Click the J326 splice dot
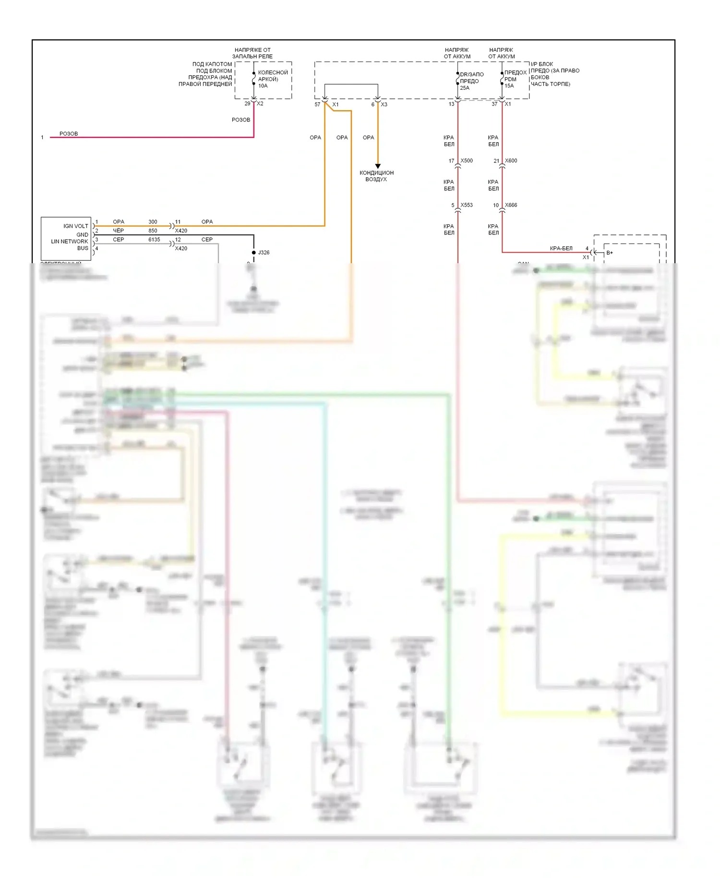254,252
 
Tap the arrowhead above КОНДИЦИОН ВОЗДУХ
378,166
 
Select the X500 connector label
467,160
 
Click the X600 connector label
511,160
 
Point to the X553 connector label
467,205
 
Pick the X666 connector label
511,205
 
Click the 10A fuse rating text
263,86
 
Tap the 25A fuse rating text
465,88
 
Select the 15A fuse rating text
509,86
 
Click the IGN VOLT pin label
76,226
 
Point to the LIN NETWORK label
70,242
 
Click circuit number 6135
154,239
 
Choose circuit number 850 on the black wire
153,231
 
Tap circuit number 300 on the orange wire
153,221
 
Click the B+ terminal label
610,253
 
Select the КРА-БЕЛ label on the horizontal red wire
561,248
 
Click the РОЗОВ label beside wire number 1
69,134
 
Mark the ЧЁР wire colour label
118,231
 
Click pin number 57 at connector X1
317,104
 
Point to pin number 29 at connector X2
247,103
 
